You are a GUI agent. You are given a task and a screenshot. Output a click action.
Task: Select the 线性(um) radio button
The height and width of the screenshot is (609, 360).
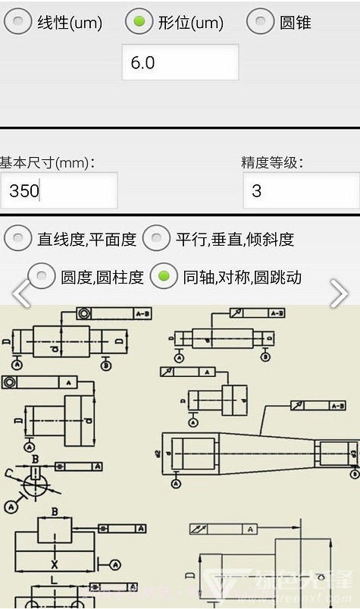pos(18,22)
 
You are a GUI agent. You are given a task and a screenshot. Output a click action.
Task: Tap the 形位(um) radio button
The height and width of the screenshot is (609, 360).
pos(139,22)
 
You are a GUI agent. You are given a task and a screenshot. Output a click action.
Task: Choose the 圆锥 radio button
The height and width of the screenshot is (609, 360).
pos(261,22)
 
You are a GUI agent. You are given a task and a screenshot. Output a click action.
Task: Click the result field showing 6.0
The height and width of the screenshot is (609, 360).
pos(180,62)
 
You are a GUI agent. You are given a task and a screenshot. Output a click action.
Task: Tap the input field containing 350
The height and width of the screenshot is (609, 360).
pos(58,190)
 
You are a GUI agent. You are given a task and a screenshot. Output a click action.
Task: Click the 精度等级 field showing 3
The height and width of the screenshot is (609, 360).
pos(301,190)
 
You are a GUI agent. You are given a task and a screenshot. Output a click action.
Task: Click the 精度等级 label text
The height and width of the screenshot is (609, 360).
pos(272,162)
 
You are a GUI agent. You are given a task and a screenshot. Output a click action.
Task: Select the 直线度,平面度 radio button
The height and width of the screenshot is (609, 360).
pos(18,239)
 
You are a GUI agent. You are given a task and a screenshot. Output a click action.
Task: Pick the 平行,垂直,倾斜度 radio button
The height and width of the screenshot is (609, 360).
pos(157,239)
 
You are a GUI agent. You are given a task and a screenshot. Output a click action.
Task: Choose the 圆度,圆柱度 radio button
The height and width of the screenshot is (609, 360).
pos(42,277)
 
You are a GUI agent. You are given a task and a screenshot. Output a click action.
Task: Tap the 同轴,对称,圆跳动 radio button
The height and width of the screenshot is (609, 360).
pos(164,277)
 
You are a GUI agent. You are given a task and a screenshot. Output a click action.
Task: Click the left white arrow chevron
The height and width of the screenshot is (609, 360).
pos(20,294)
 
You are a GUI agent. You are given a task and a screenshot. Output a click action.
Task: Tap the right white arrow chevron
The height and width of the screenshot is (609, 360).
pos(339,294)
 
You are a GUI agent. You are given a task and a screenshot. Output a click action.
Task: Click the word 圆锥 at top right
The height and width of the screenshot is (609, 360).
pos(296,23)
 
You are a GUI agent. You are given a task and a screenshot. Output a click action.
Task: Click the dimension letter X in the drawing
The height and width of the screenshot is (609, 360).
pos(54,565)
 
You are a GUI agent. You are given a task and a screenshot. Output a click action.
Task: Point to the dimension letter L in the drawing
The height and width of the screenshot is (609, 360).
pos(54,580)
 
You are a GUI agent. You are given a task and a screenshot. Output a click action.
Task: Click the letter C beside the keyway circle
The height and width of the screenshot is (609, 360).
pos(10,474)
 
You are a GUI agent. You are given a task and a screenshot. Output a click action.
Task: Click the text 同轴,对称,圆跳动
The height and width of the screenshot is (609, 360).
pos(243,278)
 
